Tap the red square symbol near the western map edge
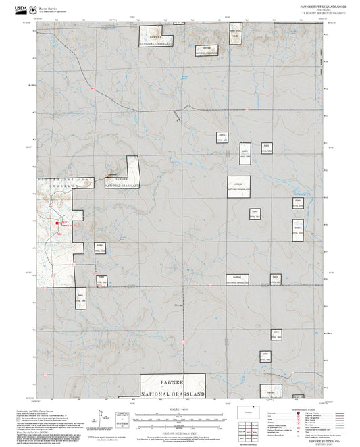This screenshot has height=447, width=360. (56, 223)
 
